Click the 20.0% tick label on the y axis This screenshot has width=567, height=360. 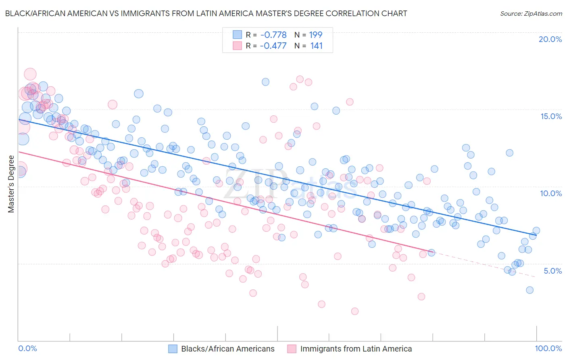pyautogui.click(x=550, y=39)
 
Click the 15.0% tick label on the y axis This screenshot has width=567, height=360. pyautogui.click(x=551, y=116)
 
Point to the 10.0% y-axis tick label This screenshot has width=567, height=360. pyautogui.click(x=551, y=193)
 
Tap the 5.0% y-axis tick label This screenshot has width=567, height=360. pyautogui.click(x=552, y=271)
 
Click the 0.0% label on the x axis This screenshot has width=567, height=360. pyautogui.click(x=27, y=348)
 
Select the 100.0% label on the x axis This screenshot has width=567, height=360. pyautogui.click(x=548, y=348)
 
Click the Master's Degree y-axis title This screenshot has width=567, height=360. pyautogui.click(x=11, y=184)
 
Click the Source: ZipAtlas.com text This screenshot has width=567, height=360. pyautogui.click(x=531, y=13)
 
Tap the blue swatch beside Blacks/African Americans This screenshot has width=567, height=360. pyautogui.click(x=173, y=349)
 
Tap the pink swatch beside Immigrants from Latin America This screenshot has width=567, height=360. pyautogui.click(x=292, y=349)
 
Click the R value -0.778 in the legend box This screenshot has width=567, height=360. pyautogui.click(x=273, y=35)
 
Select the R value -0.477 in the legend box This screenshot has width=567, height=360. pyautogui.click(x=273, y=46)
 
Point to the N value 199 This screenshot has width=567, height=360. pyautogui.click(x=316, y=35)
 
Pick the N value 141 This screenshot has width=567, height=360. pyautogui.click(x=317, y=46)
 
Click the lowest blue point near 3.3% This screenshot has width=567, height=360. pyautogui.click(x=529, y=290)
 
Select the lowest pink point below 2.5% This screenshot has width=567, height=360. pyautogui.click(x=354, y=311)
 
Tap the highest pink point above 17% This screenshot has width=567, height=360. pyautogui.click(x=30, y=74)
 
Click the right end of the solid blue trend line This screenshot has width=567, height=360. pyautogui.click(x=536, y=235)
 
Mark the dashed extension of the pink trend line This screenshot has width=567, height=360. pyautogui.click(x=484, y=264)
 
